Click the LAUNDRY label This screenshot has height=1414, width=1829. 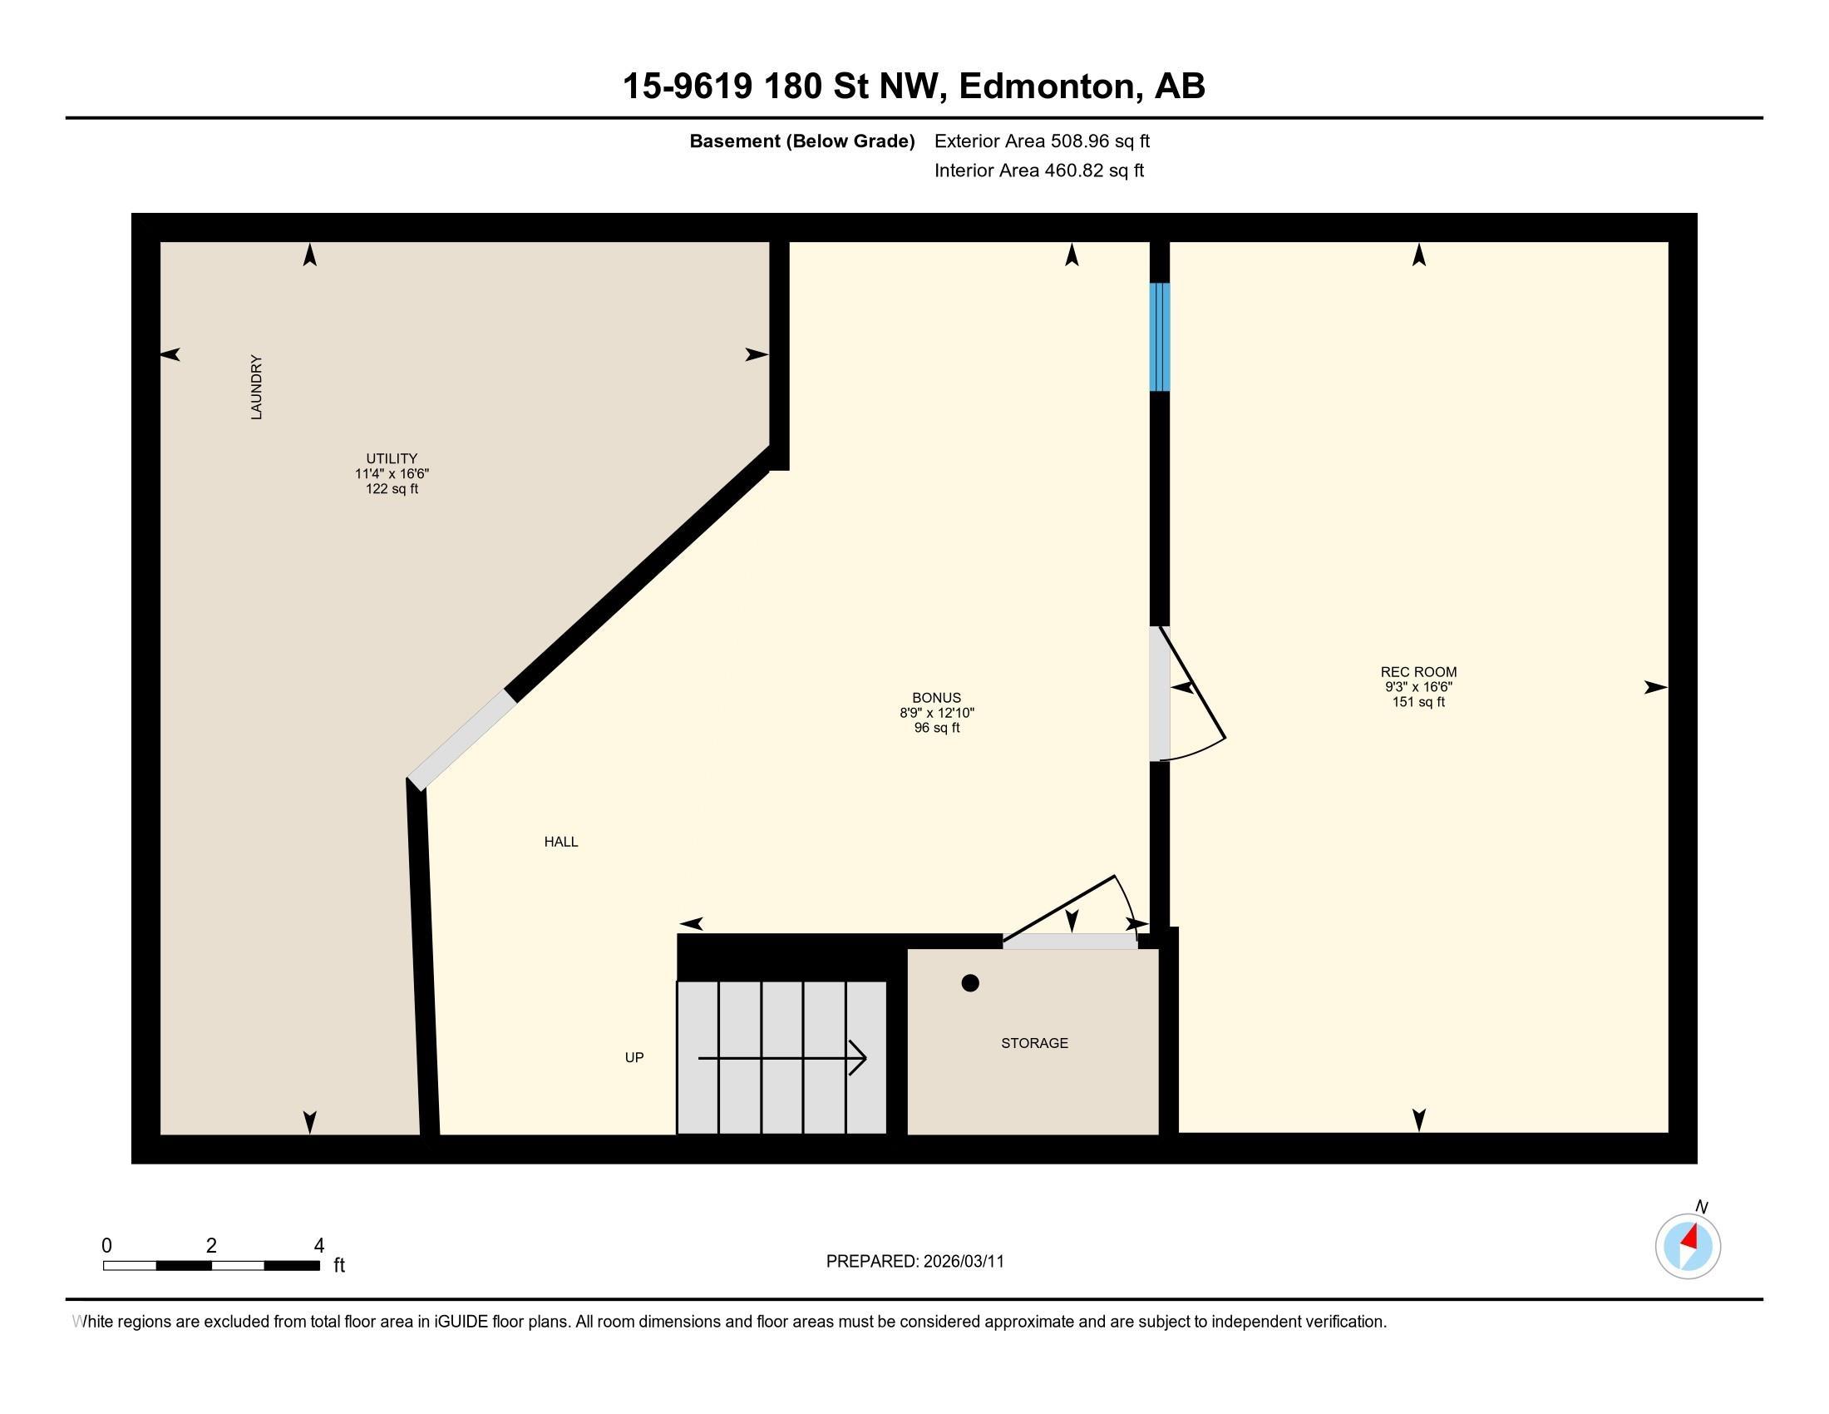256,387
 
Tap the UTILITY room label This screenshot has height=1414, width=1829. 391,458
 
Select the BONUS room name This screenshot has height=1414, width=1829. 936,698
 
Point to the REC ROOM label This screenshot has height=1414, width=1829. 1418,672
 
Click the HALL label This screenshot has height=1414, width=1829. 561,842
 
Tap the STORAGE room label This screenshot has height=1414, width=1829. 1034,1043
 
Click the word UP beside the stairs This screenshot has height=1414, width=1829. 634,1057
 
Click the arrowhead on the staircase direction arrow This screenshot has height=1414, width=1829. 859,1058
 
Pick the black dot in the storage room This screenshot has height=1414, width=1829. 969,983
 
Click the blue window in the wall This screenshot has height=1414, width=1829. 1159,337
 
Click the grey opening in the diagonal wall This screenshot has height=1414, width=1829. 461,739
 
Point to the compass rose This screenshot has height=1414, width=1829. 1688,1246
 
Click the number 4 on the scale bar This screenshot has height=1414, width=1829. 318,1246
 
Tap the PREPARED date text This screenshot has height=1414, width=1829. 915,1262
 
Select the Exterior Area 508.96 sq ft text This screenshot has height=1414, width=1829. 1042,141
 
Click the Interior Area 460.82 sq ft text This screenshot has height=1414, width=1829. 1039,170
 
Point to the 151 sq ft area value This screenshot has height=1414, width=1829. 1418,702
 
